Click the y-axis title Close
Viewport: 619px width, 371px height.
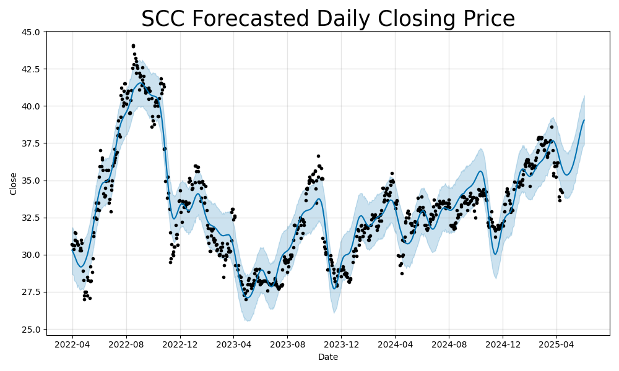[14, 183]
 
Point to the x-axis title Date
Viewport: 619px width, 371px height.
[328, 357]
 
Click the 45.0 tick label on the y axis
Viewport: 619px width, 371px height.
[30, 32]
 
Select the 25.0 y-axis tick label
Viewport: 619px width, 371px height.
[30, 329]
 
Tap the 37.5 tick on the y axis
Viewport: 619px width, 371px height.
[30, 143]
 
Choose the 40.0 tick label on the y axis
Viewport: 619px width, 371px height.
[30, 106]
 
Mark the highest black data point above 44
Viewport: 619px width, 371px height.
[133, 46]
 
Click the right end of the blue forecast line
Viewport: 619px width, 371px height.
[584, 121]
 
